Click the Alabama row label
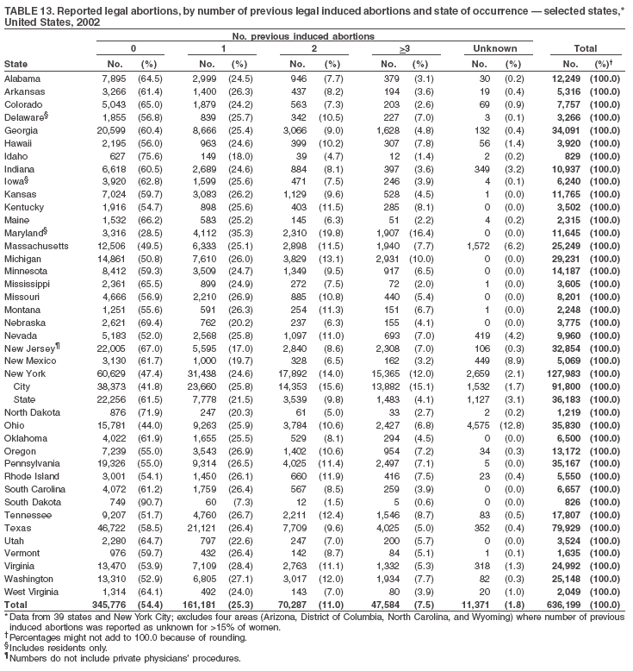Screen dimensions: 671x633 tap(22, 79)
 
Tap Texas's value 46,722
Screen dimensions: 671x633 tap(113, 501)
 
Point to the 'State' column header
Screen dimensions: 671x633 tap(16, 64)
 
